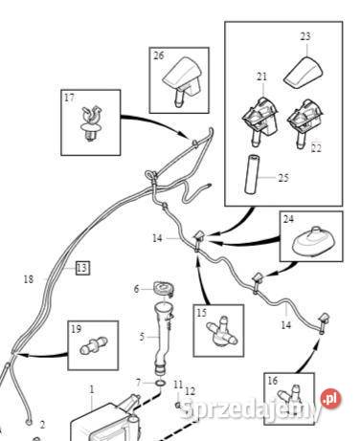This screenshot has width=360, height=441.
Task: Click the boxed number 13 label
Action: [82, 268]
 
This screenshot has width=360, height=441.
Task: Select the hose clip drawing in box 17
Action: [92, 123]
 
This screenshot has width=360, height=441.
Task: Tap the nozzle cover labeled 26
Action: [183, 80]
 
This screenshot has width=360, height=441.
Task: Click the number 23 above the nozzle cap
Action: [305, 36]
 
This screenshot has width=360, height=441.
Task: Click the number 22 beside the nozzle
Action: [316, 148]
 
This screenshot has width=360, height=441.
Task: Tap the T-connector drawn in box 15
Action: [222, 332]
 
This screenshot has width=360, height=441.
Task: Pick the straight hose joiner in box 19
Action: [93, 345]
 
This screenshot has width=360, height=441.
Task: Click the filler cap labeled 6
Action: [164, 289]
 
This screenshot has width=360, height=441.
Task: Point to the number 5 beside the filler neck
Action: [142, 337]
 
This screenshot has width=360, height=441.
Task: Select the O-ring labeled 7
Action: [161, 383]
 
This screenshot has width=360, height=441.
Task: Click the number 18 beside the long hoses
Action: [29, 279]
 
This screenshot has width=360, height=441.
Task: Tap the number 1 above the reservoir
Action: [92, 389]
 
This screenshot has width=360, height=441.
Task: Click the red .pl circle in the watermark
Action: [331, 399]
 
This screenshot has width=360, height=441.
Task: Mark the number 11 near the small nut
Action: [178, 385]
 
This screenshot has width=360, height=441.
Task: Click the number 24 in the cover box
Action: [288, 219]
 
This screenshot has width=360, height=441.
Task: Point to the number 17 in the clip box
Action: [69, 98]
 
